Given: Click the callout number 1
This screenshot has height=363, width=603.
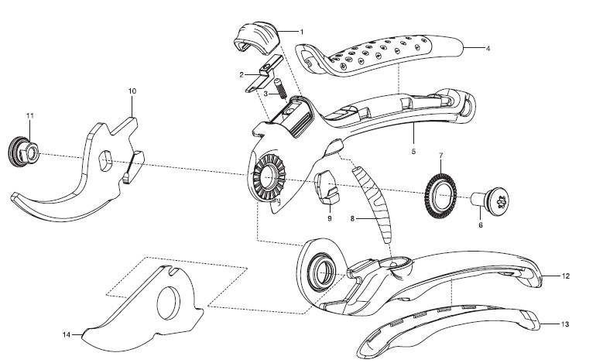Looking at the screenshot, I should pyautogui.click(x=301, y=31).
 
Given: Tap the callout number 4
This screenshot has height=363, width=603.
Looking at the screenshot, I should pyautogui.click(x=488, y=49).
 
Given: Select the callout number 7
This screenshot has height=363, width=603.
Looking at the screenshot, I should pyautogui.click(x=441, y=156).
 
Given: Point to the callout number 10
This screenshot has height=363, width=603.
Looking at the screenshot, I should pyautogui.click(x=132, y=91).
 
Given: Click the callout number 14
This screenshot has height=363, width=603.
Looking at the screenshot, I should pyautogui.click(x=67, y=334).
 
